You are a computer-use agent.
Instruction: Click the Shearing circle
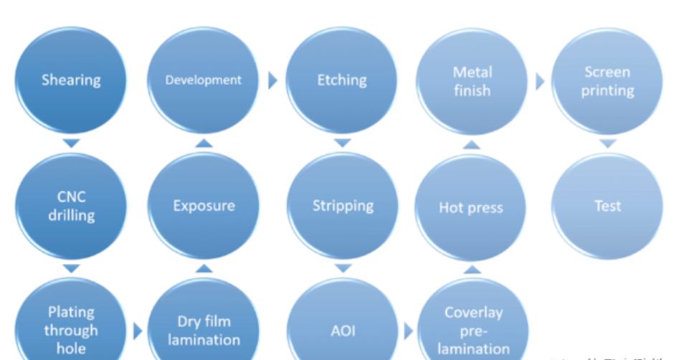70,80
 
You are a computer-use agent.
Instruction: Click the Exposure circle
204,206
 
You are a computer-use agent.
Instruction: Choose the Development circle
204,80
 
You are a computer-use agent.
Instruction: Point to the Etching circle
342,80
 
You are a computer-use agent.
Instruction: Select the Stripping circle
343,206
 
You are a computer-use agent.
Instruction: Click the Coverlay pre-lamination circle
473,330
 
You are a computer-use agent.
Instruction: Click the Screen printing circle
607,81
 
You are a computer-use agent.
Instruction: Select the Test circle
607,206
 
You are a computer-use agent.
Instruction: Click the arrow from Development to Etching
272,80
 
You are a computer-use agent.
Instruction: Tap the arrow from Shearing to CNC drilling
70,143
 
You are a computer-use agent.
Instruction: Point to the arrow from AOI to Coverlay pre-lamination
409,331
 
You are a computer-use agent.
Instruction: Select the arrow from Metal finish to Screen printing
540,81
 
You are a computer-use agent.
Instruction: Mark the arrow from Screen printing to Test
607,144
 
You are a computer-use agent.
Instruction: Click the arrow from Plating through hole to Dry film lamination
138,331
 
